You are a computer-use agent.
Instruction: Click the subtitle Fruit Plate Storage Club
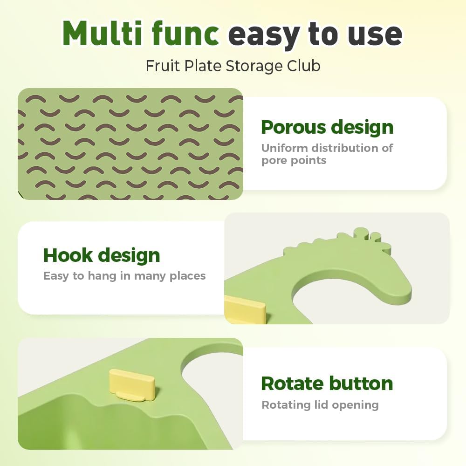tap(233, 66)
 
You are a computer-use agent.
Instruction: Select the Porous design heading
tap(327, 128)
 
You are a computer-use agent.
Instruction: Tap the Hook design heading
tap(102, 256)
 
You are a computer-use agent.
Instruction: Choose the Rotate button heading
tap(327, 384)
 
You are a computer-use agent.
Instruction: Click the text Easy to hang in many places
tap(124, 276)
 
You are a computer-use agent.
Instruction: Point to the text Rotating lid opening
tap(320, 405)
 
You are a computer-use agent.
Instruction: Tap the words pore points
tap(294, 161)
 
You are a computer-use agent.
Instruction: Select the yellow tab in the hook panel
tap(245, 309)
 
